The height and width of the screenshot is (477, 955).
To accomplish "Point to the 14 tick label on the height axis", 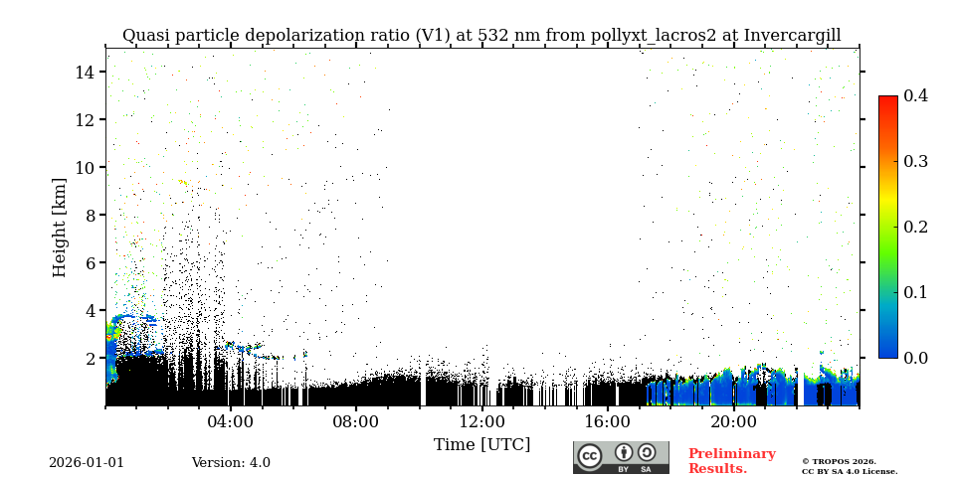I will [84, 72].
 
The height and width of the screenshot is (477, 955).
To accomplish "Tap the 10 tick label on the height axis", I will [84, 167].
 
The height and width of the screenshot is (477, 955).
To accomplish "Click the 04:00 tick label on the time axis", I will [231, 421].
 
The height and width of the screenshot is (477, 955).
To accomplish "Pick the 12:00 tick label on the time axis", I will [482, 421].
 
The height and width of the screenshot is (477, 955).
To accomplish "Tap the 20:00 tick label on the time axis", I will [734, 421].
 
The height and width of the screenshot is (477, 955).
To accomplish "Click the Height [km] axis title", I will [60, 227].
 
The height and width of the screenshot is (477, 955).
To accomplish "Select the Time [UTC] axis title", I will [482, 444].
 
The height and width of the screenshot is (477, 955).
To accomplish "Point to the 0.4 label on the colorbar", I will [915, 95].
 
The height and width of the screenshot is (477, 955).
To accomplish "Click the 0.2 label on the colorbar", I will [915, 227].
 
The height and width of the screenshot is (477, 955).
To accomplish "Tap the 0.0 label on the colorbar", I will [915, 358].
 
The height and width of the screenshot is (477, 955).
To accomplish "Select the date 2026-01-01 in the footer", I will [87, 463].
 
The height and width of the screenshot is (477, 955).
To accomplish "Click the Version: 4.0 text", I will [231, 463].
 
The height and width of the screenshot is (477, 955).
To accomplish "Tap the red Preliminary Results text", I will [731, 461].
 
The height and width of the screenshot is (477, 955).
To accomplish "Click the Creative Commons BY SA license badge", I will [621, 457].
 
